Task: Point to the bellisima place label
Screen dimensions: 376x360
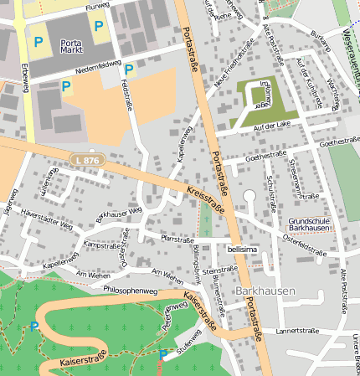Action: (x=243, y=249)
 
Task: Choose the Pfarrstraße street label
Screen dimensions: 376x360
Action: (x=177, y=238)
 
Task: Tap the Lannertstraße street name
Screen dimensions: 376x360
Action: (x=300, y=331)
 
